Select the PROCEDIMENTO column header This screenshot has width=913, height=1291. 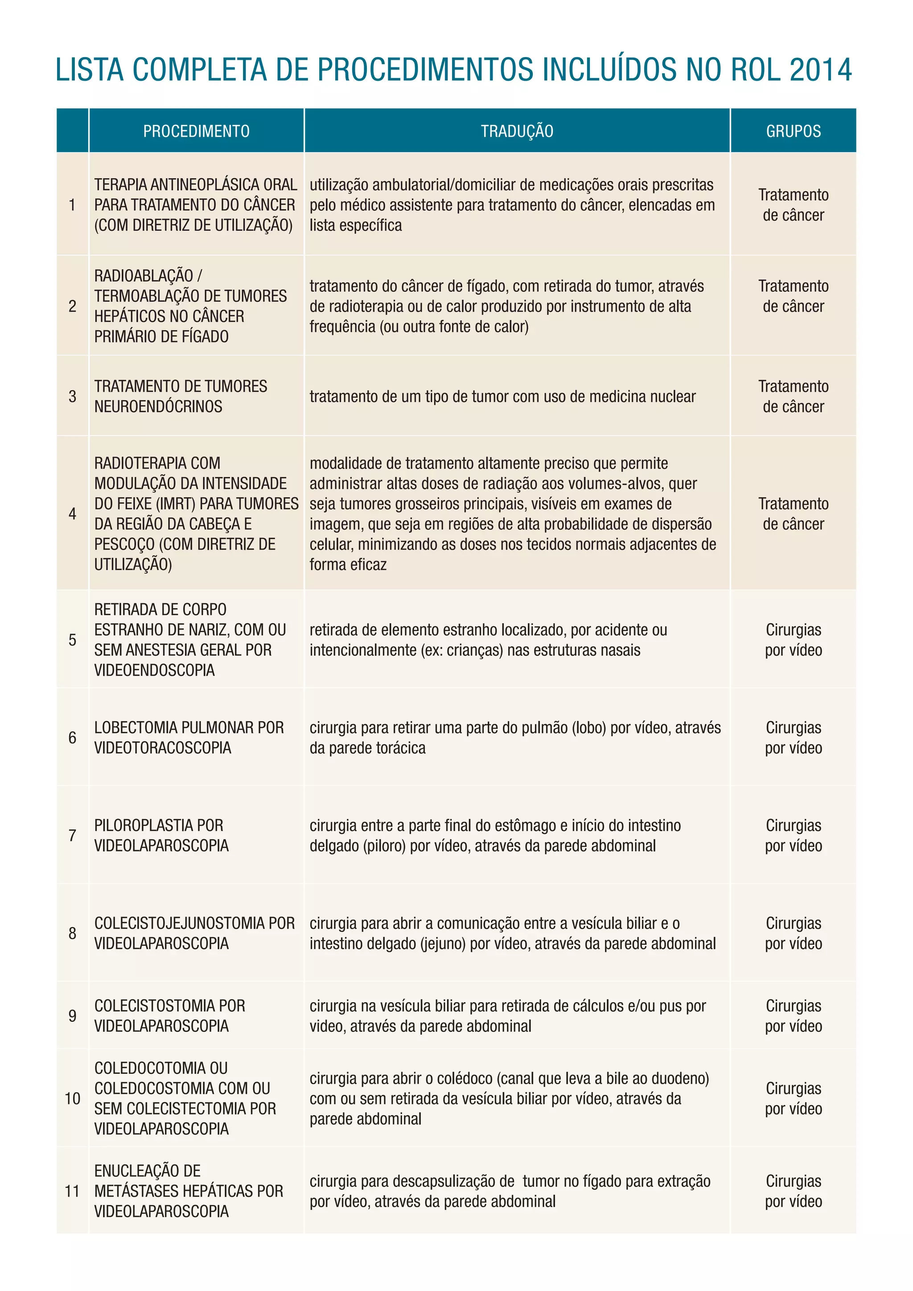coord(196,132)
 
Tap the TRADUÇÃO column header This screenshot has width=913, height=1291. coord(517,132)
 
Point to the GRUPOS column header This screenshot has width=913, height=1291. coord(793,132)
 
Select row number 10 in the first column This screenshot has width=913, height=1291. coord(73,1099)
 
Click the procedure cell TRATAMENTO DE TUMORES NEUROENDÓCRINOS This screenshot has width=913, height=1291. coord(181,396)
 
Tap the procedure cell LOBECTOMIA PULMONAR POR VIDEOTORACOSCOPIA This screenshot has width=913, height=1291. coord(189,738)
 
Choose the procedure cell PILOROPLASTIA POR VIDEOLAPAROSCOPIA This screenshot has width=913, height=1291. coord(161,835)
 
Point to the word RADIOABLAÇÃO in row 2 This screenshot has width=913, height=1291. coord(144,276)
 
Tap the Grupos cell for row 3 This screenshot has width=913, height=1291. coord(793,396)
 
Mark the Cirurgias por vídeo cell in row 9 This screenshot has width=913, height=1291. coord(793,1016)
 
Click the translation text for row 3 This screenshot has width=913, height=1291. coord(502,397)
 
